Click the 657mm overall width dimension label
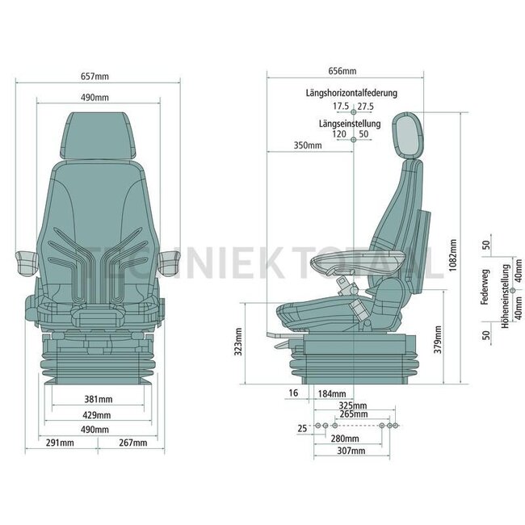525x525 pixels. pyautogui.click(x=96, y=77)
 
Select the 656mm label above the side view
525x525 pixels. pyautogui.click(x=344, y=71)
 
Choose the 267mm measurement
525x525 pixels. pyautogui.click(x=132, y=442)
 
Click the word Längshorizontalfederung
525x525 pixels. pyautogui.click(x=351, y=93)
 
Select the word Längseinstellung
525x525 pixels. pyautogui.click(x=351, y=123)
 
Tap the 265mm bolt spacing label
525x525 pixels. pyautogui.click(x=354, y=414)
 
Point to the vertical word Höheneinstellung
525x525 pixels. pyautogui.click(x=504, y=288)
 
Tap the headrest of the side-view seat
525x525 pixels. pyautogui.click(x=406, y=134)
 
